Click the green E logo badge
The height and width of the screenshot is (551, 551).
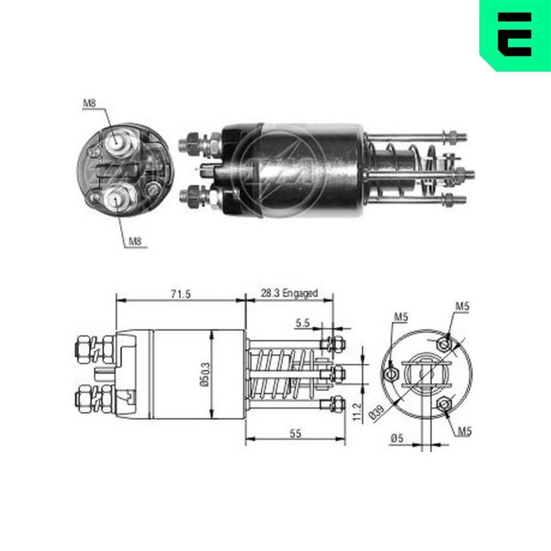(515, 34)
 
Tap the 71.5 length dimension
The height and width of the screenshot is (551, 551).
(180, 294)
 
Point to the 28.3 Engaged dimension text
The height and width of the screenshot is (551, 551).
(289, 293)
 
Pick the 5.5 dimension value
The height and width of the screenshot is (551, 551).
(301, 323)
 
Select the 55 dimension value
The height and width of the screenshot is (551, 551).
(295, 434)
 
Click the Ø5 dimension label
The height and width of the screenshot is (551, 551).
(397, 438)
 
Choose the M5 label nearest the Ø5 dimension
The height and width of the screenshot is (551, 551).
(463, 431)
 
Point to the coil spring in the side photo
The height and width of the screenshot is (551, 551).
(408, 171)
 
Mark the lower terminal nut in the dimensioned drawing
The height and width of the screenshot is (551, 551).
(83, 398)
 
